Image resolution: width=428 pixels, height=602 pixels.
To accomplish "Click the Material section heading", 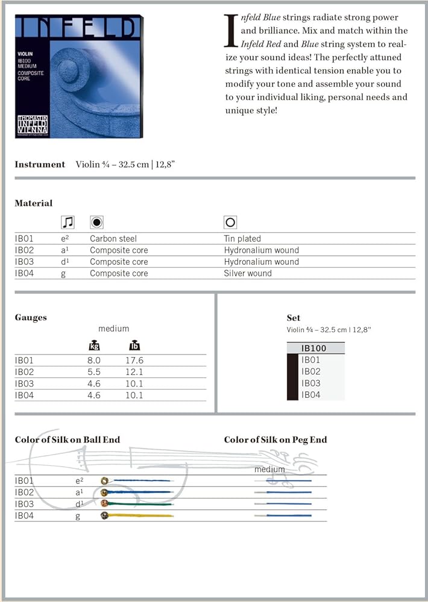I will point(34,203).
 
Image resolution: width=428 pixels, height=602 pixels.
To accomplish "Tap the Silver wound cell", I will point(248,273).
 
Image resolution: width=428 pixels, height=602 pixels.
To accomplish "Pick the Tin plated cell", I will point(242,238).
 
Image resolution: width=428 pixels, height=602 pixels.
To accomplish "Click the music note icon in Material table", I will point(68,222).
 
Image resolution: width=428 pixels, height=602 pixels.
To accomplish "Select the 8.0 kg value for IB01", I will point(94,361).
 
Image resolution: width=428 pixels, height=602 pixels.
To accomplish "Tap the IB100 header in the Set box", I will point(314,348).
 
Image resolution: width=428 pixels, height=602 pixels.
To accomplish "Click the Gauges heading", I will point(31,317).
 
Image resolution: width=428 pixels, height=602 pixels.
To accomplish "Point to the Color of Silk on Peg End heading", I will point(275,439).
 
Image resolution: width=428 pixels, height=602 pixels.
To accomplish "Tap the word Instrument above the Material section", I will point(40,164).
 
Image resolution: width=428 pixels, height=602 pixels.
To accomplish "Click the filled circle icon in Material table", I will point(96,222).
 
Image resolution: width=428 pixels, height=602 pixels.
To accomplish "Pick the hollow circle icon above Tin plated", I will point(230,222).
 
